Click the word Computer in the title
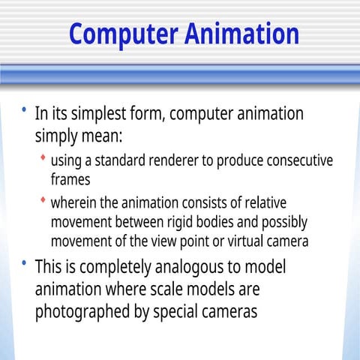coord(120,34)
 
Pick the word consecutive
coord(295,162)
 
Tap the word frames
coord(70,180)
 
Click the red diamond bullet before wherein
coord(43,200)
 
